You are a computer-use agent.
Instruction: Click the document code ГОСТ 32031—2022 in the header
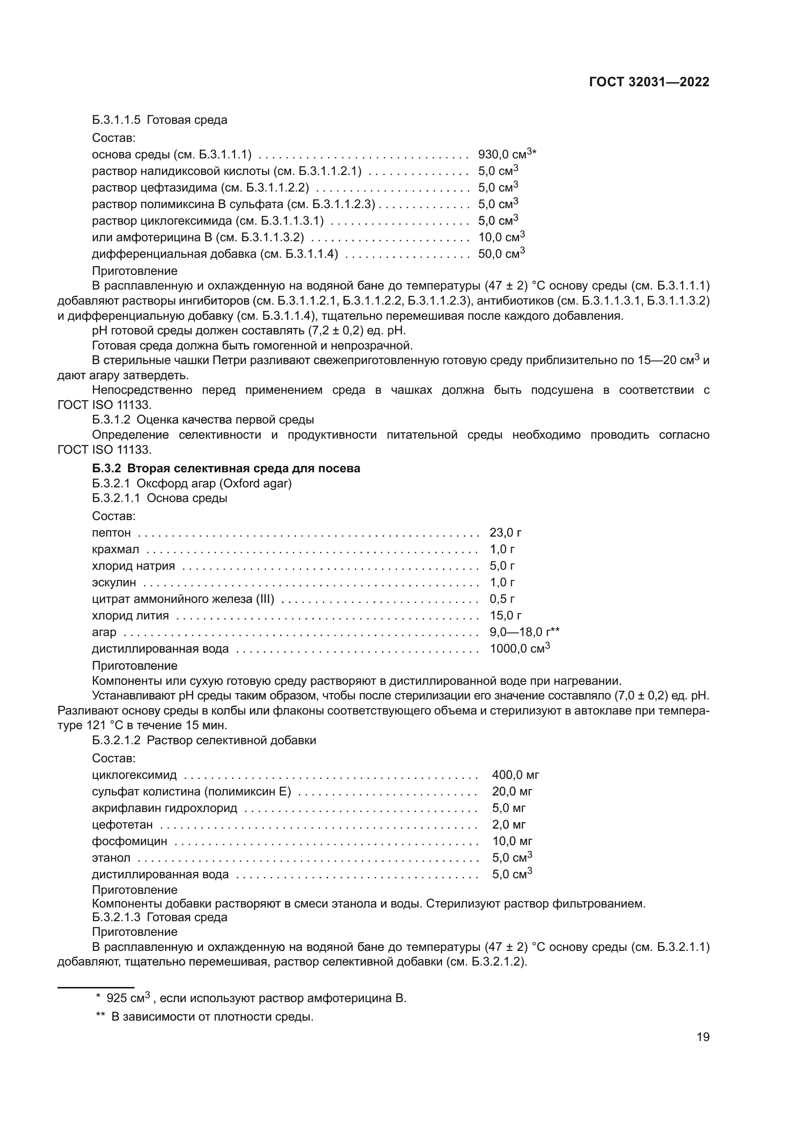click(x=649, y=82)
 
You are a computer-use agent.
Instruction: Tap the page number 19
click(x=703, y=1037)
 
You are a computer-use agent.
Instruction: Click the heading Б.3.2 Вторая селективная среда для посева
click(x=226, y=468)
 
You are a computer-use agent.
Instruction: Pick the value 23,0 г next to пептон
click(x=505, y=533)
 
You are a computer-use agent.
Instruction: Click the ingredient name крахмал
click(x=115, y=550)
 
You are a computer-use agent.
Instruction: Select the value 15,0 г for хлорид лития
click(x=505, y=616)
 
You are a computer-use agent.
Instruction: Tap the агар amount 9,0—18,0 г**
click(x=524, y=632)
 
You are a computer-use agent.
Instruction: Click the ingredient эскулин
click(x=114, y=582)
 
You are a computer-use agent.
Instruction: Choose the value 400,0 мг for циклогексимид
click(x=515, y=774)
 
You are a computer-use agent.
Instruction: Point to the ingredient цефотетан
click(x=122, y=825)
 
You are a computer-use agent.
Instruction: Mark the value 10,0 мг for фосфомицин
click(x=512, y=841)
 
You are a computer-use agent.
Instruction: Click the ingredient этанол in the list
click(x=111, y=857)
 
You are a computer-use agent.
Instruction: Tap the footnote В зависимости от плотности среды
click(x=212, y=1017)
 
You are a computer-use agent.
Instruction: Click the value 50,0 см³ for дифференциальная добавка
click(x=501, y=254)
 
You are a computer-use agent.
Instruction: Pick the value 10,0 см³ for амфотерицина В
click(x=501, y=237)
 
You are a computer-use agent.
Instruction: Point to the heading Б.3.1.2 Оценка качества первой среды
click(x=203, y=420)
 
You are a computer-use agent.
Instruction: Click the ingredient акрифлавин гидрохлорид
click(x=164, y=808)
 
